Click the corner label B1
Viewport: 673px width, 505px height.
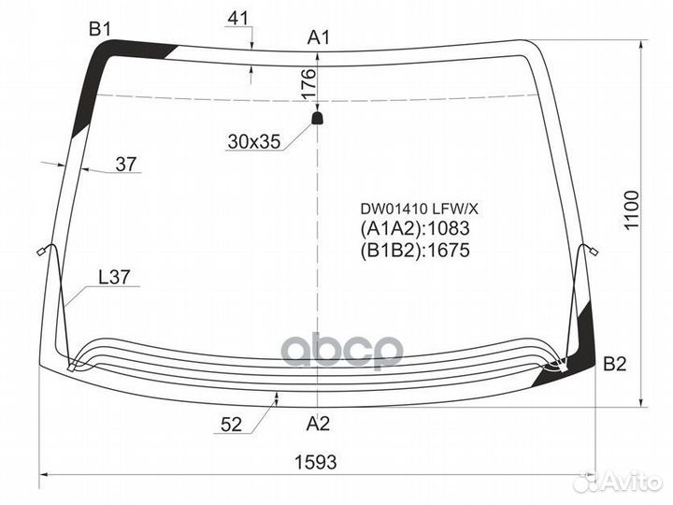tap(100, 29)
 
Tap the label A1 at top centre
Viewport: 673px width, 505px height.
tap(319, 37)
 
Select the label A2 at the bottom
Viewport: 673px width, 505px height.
tap(318, 424)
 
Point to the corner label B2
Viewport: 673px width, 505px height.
tap(615, 364)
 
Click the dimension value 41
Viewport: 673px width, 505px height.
tap(238, 18)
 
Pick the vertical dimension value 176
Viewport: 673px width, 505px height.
tap(308, 84)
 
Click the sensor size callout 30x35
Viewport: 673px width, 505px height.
tap(254, 141)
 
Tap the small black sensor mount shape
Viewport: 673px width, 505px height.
tap(317, 118)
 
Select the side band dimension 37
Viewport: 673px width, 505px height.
tap(126, 164)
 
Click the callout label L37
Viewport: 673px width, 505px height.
tap(114, 277)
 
